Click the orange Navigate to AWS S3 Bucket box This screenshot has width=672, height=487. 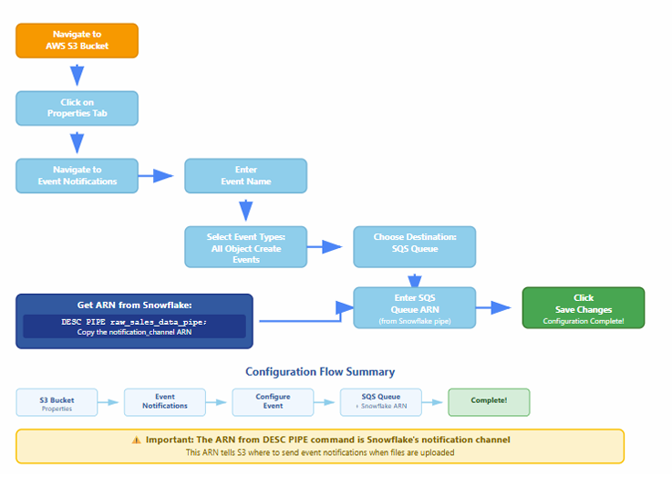(x=78, y=40)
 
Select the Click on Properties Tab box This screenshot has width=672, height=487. (x=78, y=108)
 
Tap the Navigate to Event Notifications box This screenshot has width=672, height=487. (x=78, y=176)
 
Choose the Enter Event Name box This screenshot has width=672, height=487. (x=245, y=176)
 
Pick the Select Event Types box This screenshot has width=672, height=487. (x=245, y=247)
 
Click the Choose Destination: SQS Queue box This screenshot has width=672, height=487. (x=415, y=247)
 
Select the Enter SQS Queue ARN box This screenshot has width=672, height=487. (x=415, y=308)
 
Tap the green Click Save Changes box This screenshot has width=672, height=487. (x=584, y=308)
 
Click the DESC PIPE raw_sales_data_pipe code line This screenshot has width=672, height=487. (x=134, y=322)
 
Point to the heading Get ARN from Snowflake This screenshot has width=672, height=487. (x=134, y=306)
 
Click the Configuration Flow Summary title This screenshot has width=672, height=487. (x=320, y=372)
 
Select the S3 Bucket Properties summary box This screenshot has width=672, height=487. (x=57, y=402)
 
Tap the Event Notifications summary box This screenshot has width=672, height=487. (x=165, y=402)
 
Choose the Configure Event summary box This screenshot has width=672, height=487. (x=273, y=402)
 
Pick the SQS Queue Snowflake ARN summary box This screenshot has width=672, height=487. (x=381, y=402)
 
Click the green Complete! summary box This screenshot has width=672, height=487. (x=489, y=402)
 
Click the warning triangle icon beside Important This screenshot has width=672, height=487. (x=136, y=440)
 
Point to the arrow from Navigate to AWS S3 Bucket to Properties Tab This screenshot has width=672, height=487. (x=78, y=75)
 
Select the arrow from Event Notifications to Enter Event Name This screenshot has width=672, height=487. (x=156, y=176)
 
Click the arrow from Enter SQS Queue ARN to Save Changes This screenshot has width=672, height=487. (x=493, y=307)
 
